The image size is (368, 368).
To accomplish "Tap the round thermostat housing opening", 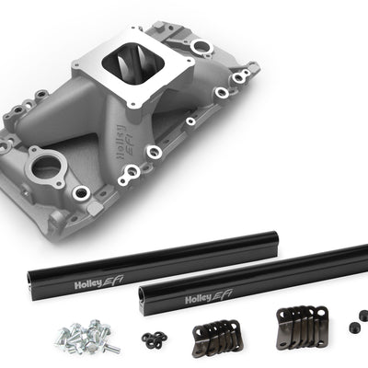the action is pyautogui.click(x=47, y=166).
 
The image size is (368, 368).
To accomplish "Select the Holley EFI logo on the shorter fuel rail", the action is pyautogui.click(x=98, y=282).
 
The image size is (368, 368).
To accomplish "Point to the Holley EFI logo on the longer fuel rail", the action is pyautogui.click(x=209, y=296).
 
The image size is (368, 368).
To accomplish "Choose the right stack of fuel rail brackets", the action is pyautogui.click(x=302, y=325).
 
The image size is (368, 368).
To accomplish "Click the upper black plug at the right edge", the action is pyautogui.click(x=362, y=315).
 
